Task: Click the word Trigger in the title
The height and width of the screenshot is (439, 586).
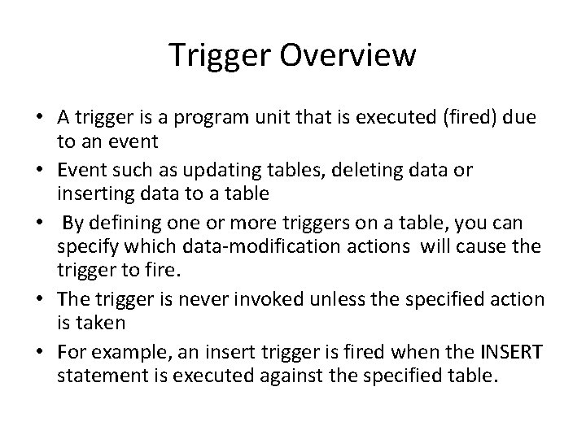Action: pos(212,56)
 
